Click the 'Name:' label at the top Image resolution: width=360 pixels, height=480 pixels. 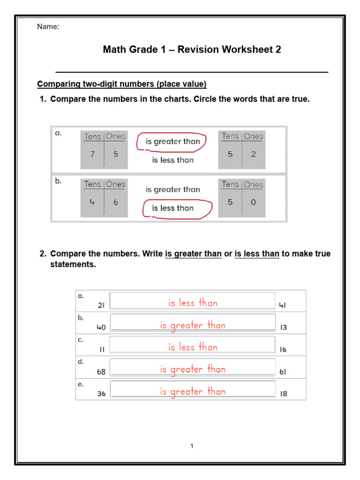(x=48, y=27)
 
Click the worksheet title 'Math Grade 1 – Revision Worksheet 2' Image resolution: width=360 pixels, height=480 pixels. (x=192, y=49)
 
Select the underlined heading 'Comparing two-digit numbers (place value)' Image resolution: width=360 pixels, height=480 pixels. (x=121, y=84)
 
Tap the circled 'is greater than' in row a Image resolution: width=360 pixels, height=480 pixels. (x=172, y=142)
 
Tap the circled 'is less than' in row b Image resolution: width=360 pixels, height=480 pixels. (x=172, y=208)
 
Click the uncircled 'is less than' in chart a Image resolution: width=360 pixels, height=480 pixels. (x=172, y=160)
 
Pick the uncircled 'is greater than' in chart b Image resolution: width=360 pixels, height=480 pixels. (x=172, y=189)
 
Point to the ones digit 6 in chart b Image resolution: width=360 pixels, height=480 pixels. (x=115, y=203)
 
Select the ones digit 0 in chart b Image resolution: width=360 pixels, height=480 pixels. (x=253, y=203)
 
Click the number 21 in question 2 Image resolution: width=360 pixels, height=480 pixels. (x=101, y=305)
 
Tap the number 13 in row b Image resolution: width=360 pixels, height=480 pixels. (x=283, y=328)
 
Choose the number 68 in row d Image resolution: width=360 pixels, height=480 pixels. (x=101, y=372)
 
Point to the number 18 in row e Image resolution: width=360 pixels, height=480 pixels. (x=283, y=394)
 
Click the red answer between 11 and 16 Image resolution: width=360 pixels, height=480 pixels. (x=193, y=347)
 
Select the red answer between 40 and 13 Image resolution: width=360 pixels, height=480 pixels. (x=193, y=325)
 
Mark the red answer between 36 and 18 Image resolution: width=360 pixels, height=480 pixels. (x=193, y=391)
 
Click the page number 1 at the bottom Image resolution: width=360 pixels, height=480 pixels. (x=192, y=446)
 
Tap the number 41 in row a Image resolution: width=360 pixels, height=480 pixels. (x=283, y=305)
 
